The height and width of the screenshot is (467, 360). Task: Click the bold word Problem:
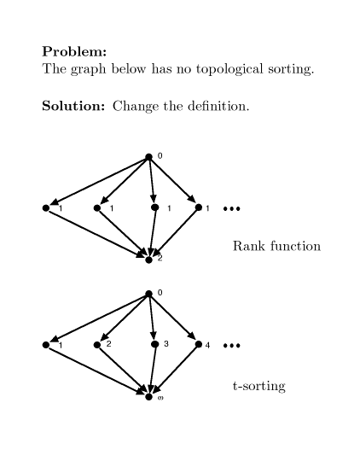click(74, 51)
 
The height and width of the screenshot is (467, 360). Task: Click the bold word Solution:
click(73, 106)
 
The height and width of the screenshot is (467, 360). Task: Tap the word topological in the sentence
click(229, 69)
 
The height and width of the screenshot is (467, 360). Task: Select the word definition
click(218, 106)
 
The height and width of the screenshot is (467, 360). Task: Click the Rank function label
click(276, 246)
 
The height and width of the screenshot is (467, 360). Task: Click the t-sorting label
click(259, 386)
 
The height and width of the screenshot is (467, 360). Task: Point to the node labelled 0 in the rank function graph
click(148, 157)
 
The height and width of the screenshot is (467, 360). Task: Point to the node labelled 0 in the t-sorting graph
click(148, 294)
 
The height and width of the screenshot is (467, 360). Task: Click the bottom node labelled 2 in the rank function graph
click(148, 260)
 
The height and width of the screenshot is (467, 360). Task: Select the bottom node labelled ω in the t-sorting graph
click(148, 397)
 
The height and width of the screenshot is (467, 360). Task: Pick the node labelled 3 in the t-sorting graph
click(154, 344)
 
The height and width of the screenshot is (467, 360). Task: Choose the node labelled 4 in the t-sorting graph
click(199, 344)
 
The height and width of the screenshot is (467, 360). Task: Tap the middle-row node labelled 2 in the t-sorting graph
click(97, 345)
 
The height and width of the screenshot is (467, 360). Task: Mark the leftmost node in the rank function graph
click(46, 207)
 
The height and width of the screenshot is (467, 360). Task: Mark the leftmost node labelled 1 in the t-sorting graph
click(46, 345)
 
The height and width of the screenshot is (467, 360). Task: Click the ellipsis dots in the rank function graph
click(231, 209)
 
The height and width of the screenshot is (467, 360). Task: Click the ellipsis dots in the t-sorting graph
click(231, 346)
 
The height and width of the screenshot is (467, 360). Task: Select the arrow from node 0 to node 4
click(172, 318)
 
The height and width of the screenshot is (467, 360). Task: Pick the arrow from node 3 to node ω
click(153, 371)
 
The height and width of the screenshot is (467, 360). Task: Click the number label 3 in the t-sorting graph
click(166, 344)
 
